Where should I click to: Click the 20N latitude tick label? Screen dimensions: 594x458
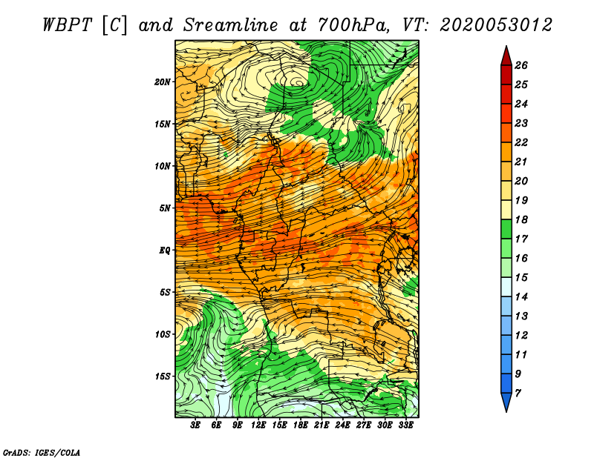click(x=162, y=82)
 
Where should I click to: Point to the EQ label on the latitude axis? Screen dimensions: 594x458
click(x=164, y=250)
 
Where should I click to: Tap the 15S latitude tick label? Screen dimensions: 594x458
click(x=163, y=376)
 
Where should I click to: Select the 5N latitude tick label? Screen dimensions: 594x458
click(x=165, y=208)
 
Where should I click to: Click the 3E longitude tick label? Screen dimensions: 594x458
click(x=195, y=425)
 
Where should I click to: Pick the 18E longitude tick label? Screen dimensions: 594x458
click(x=301, y=425)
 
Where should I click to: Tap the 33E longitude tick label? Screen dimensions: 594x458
click(x=405, y=425)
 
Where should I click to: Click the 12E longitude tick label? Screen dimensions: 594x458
click(x=258, y=425)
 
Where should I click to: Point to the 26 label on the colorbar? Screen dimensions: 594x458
click(x=521, y=65)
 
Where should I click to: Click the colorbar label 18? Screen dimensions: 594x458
click(x=521, y=219)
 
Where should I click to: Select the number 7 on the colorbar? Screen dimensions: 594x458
click(x=518, y=394)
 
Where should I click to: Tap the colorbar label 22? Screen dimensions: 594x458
click(x=521, y=142)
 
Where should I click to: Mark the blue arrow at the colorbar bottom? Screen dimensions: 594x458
click(x=506, y=402)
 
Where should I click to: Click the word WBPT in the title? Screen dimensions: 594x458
click(x=67, y=25)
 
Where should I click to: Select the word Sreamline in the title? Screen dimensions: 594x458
click(x=231, y=25)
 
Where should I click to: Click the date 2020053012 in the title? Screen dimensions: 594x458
click(x=496, y=25)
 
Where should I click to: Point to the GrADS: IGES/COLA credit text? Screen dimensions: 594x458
click(x=42, y=452)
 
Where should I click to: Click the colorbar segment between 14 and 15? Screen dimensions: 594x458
click(x=506, y=287)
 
